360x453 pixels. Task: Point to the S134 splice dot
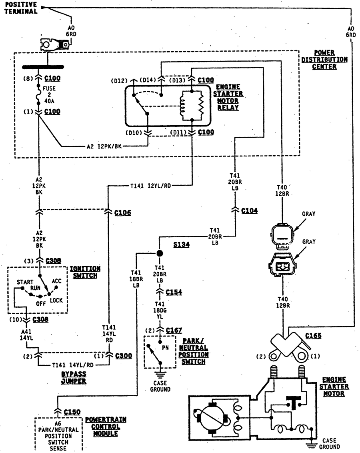click(160, 253)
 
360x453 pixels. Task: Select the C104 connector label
click(250, 210)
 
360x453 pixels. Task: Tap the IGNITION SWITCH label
click(85, 272)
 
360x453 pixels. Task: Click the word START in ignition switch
click(25, 282)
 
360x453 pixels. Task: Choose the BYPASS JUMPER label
click(74, 377)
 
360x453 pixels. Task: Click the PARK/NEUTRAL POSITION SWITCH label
click(194, 351)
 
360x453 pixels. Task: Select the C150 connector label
click(72, 412)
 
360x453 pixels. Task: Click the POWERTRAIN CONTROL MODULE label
click(106, 426)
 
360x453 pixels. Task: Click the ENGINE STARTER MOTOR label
click(334, 387)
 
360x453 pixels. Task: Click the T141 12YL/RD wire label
click(150, 185)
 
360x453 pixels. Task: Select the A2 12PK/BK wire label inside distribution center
click(104, 146)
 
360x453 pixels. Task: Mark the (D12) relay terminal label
click(119, 81)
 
